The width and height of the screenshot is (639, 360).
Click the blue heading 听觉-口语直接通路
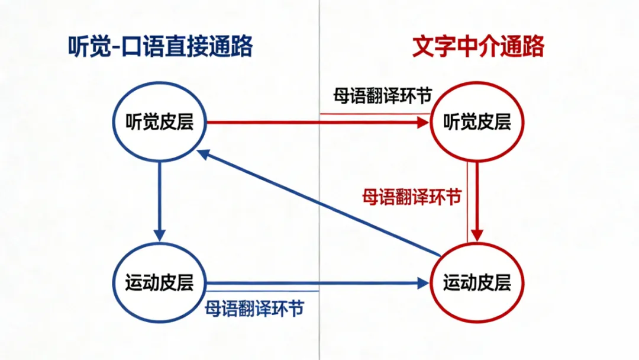[160, 46]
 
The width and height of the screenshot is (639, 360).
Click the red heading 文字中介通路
[477, 46]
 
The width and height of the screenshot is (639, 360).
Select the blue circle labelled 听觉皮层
[160, 122]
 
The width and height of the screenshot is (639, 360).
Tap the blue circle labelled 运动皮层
[160, 283]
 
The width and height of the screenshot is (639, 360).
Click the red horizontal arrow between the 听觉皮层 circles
[314, 123]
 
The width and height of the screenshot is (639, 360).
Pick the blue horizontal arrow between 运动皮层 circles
[314, 284]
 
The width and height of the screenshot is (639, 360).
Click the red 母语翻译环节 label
[412, 197]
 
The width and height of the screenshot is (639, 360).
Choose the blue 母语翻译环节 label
[254, 308]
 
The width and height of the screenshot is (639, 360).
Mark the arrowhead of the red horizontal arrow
[422, 123]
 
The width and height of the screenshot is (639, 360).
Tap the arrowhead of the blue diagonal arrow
[204, 154]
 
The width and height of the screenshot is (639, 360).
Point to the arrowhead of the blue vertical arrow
[160, 235]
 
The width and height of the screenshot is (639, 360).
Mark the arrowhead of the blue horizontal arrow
[421, 284]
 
